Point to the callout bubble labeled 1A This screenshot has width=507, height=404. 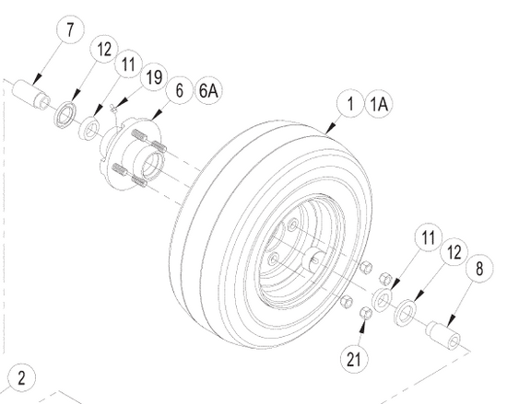point(378,105)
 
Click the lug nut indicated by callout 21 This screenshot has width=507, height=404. point(363,313)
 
